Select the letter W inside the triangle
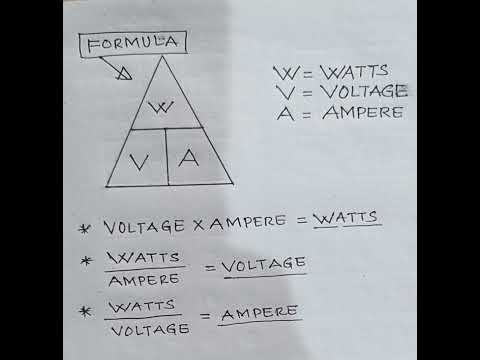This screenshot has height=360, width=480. click(167, 107)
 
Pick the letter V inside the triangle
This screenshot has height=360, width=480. click(139, 159)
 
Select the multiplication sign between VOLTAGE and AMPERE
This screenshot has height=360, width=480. click(194, 220)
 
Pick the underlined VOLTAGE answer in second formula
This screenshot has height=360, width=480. click(265, 264)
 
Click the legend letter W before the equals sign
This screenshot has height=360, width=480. click(281, 72)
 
